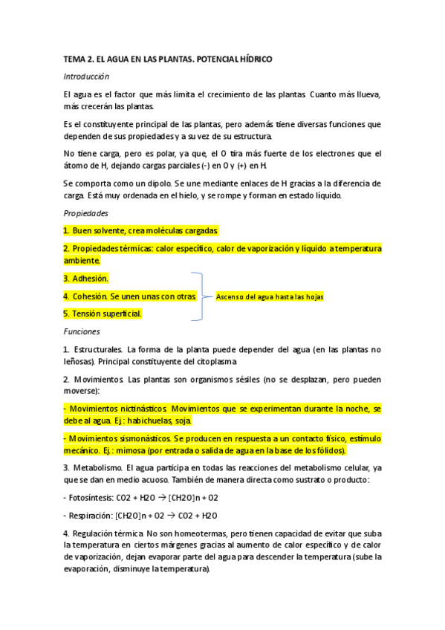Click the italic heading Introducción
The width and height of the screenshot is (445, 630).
pyautogui.click(x=86, y=77)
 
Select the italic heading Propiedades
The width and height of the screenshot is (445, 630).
pyautogui.click(x=85, y=212)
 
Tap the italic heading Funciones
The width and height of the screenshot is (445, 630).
pyautogui.click(x=82, y=331)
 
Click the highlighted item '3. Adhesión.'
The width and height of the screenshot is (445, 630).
pyautogui.click(x=86, y=278)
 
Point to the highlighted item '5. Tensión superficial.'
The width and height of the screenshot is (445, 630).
pyautogui.click(x=103, y=314)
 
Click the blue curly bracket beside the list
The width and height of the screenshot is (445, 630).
pyautogui.click(x=200, y=296)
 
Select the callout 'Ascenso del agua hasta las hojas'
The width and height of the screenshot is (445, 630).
pyautogui.click(x=270, y=296)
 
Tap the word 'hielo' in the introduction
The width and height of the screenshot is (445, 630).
pyautogui.click(x=217, y=195)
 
